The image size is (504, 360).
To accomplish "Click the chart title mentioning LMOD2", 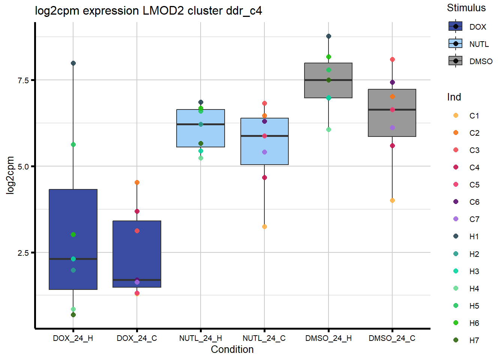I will pos(148,10).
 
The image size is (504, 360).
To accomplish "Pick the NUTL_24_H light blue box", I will pos(201,135).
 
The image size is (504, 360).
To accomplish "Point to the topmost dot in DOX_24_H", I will pos(73,63).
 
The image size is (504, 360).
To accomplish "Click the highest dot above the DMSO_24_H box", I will pos(328,36).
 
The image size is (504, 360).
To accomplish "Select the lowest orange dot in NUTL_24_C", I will pos(264,226).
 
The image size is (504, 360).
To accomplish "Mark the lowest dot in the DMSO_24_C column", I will pos(392,200).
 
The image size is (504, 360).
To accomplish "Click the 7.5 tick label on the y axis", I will pos(23,80).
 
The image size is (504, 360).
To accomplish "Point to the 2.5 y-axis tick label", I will pos(23,253).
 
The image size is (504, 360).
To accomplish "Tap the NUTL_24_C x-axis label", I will pos(264,338).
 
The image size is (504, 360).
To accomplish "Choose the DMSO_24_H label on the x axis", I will pos(328,338).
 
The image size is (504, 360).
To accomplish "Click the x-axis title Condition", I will pos(232,349).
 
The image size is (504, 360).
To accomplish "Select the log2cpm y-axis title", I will pos(10,175).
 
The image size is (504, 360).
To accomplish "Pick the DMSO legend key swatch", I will pos(456,61).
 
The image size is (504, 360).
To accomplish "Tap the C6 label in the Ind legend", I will pos(474,202).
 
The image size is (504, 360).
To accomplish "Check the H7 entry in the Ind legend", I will pos(474,340).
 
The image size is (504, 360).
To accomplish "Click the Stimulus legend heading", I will pos(466,8).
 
